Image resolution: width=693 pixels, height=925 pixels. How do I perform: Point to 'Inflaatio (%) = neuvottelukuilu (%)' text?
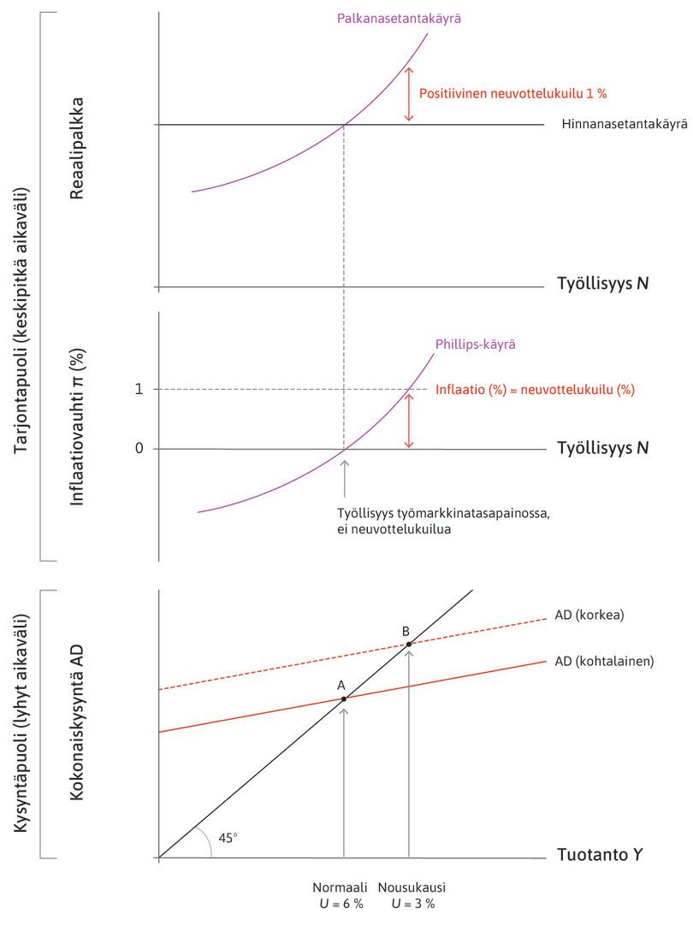(x=536, y=389)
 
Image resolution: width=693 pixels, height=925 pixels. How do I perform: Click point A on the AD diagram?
(x=344, y=698)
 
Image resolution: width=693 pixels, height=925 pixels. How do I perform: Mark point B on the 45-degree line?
(x=409, y=644)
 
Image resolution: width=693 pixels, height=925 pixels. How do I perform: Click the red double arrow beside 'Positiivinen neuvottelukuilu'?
(x=409, y=93)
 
